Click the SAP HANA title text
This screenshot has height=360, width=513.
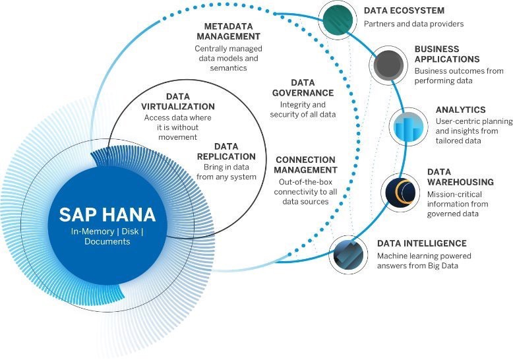click(107, 214)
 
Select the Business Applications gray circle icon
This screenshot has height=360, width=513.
click(389, 65)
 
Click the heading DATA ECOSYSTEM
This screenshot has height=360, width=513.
click(404, 11)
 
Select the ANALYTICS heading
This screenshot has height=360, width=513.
click(460, 109)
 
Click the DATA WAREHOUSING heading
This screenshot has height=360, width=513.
click(460, 176)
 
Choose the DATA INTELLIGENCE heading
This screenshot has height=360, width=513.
click(421, 243)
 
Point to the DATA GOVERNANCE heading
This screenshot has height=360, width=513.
click(303, 88)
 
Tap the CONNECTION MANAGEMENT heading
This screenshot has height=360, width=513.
click(305, 165)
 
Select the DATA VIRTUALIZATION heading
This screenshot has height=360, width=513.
click(178, 101)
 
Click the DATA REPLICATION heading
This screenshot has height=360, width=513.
click(226, 151)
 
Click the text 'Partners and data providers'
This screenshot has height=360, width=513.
click(413, 24)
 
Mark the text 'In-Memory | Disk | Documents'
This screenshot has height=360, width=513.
click(107, 236)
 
